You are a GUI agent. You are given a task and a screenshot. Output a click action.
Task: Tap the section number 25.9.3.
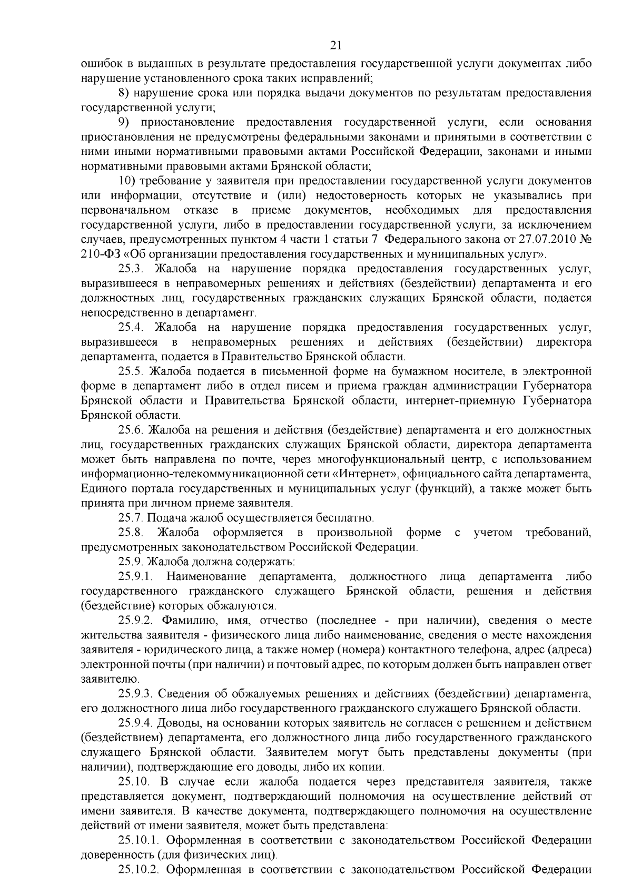point(135,692)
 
